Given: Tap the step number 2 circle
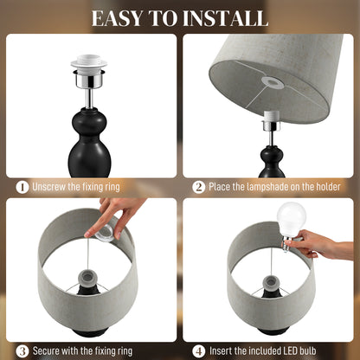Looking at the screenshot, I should coord(198,186).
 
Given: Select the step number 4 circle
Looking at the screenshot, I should coord(198,350).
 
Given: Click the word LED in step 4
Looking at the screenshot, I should coord(305,350).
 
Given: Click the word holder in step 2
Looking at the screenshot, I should coord(324,186).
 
